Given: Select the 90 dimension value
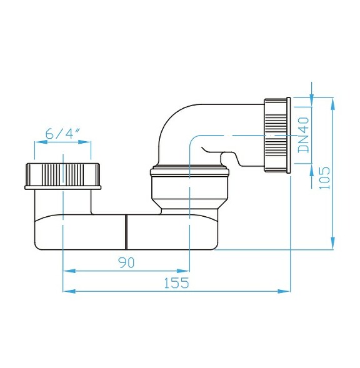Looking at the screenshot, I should (126, 262).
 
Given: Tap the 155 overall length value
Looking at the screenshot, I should (176, 282).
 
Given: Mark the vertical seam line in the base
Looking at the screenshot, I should (126, 230).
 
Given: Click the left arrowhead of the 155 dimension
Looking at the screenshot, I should (67, 291).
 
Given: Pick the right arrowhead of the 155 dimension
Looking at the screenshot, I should (286, 291).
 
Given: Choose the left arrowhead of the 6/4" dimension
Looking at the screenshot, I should (38, 143).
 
